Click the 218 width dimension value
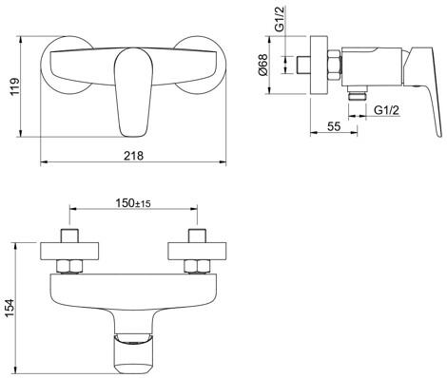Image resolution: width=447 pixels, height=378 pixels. (133, 156)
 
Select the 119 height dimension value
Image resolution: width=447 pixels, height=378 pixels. (15, 86)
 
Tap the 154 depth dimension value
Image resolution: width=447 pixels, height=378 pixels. (10, 309)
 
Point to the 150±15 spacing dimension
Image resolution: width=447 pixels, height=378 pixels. (133, 203)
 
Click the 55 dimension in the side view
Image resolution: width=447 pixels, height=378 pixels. (334, 126)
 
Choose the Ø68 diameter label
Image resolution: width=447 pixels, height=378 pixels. (263, 65)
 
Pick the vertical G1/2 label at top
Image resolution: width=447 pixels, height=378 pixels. (280, 19)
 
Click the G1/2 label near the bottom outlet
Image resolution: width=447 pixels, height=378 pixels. (386, 110)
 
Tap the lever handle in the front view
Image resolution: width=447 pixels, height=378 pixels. (133, 93)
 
